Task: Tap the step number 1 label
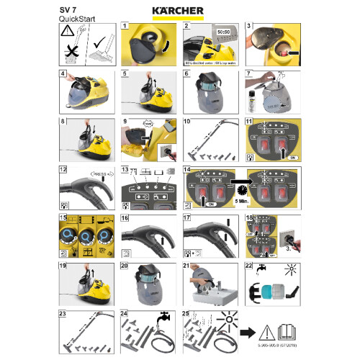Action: click(x=125, y=26)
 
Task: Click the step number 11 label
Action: click(x=250, y=122)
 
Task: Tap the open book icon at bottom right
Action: click(x=287, y=333)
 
